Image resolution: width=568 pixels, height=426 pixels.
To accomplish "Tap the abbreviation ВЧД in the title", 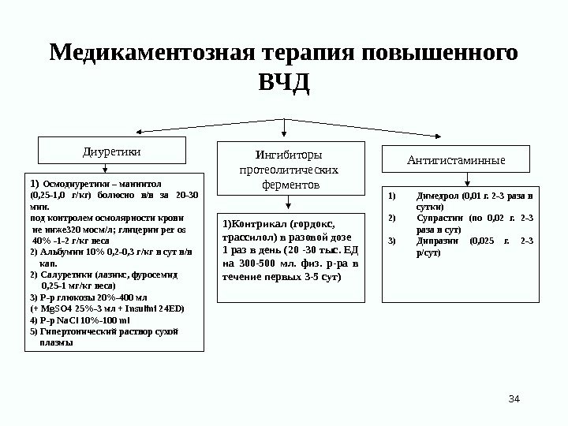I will pyautogui.click(x=284, y=83).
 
